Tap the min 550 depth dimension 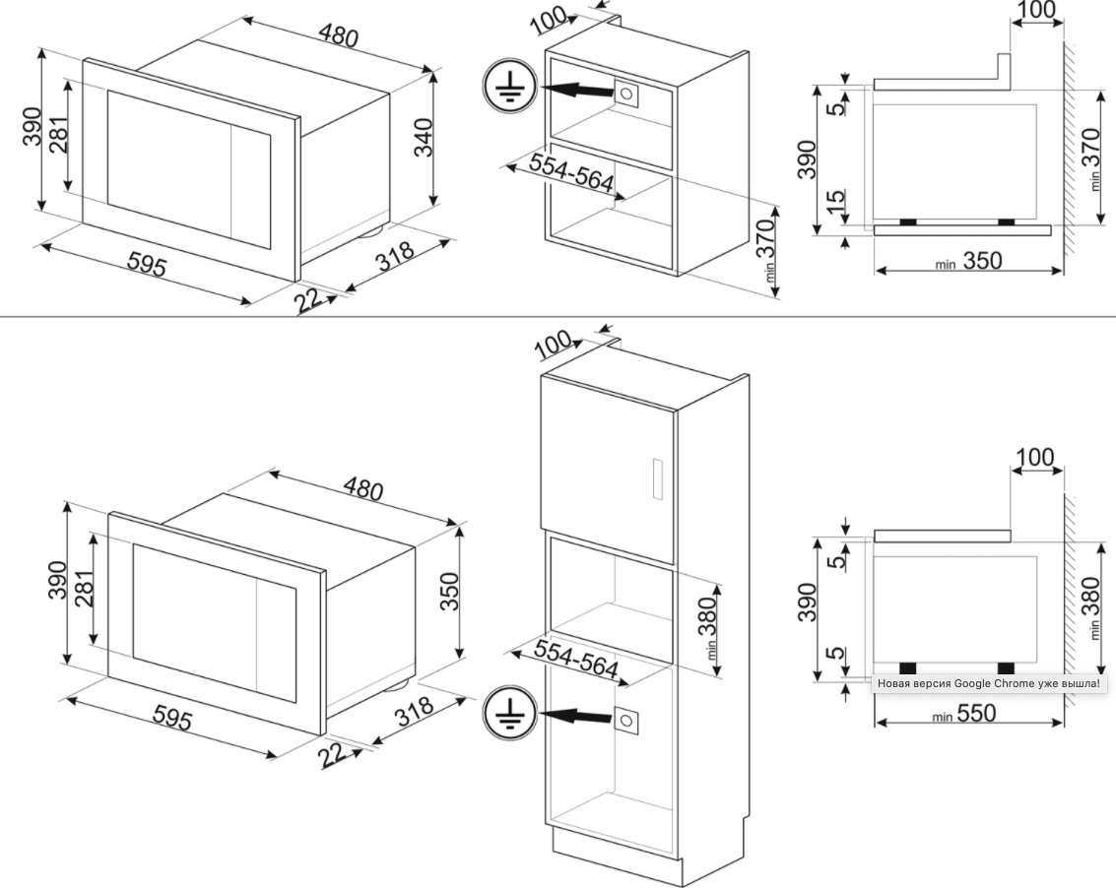963,714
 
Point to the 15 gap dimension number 837,199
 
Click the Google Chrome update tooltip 989,684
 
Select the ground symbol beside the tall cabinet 507,714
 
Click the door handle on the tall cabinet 657,480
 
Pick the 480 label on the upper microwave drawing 338,35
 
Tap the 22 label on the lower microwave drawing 332,754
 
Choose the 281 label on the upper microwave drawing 60,133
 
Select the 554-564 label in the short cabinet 571,173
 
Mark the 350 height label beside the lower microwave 449,591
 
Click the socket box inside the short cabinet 625,94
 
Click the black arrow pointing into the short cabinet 575,90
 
